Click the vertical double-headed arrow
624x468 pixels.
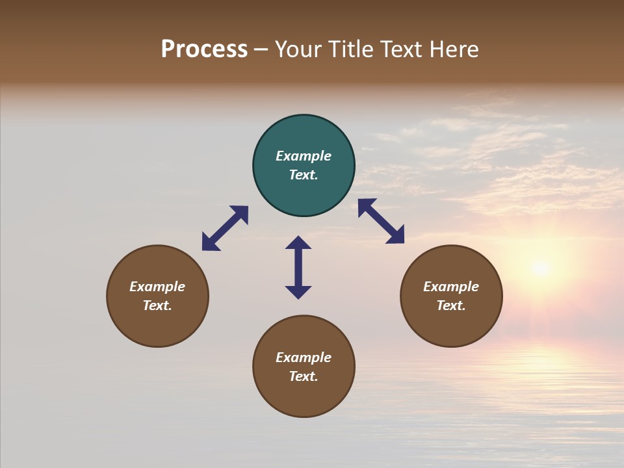pos(298,267)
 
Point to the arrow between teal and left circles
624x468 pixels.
pos(225,228)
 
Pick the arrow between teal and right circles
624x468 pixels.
pos(381,221)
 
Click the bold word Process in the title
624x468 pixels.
pos(204,49)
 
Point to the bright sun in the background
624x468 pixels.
pos(539,267)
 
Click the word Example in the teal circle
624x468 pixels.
pos(304,156)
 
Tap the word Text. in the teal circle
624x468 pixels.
pos(304,175)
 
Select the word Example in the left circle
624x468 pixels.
pos(157,287)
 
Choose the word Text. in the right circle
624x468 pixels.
pos(451,305)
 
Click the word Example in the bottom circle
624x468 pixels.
pos(304,357)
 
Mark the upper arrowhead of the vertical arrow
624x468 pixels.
pos(298,243)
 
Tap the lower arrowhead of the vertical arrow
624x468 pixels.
pos(298,292)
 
